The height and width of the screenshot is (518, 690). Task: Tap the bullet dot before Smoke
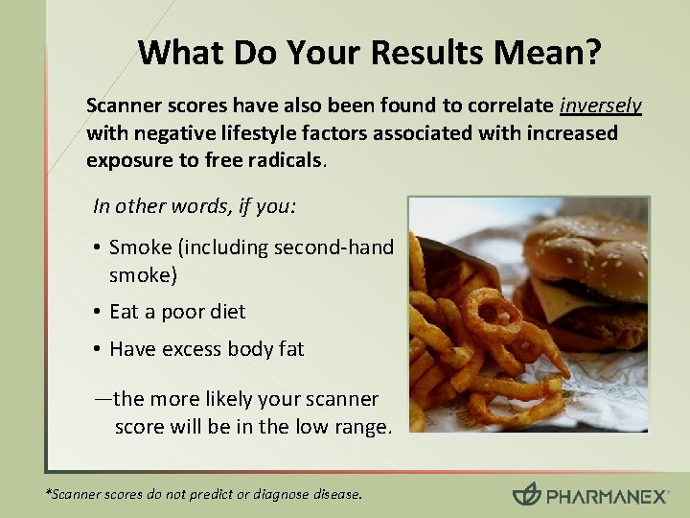pyautogui.click(x=99, y=247)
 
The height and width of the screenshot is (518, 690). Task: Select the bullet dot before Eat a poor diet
pyautogui.click(x=99, y=312)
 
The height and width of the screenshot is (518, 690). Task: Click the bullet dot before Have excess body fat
pyautogui.click(x=99, y=349)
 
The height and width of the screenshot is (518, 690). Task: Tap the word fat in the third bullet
pyautogui.click(x=288, y=349)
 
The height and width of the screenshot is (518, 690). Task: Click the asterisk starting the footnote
pyautogui.click(x=49, y=493)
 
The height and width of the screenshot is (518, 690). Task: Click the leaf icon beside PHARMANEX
pyautogui.click(x=526, y=494)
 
